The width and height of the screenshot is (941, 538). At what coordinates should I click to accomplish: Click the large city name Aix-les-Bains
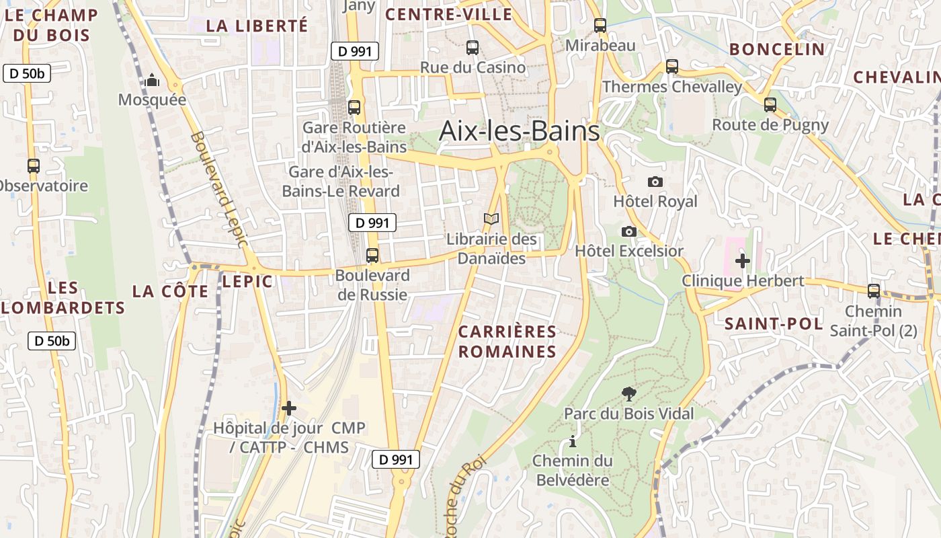519,131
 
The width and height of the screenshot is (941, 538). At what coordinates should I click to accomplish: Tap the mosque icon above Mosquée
153,81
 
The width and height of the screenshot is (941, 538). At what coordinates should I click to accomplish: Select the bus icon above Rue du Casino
473,48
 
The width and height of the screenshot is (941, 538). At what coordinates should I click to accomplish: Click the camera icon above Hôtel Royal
655,182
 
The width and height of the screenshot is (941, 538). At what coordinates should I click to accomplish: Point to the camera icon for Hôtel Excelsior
628,231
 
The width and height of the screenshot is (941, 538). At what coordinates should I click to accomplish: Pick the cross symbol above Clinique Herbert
743,260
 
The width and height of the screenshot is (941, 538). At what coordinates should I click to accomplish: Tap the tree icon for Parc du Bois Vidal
628,393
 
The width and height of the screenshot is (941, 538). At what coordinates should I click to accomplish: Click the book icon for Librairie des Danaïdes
491,219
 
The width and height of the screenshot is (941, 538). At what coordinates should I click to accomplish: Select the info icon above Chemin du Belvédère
573,442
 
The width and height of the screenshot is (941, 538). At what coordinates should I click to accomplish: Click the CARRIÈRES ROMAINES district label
507,342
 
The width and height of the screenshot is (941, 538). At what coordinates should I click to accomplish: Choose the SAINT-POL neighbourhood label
773,323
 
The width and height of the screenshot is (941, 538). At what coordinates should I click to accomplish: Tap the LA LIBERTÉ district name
257,26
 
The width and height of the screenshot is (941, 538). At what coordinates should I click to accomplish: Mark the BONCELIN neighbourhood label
777,49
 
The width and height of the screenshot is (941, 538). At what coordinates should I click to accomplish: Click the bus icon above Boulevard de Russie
372,256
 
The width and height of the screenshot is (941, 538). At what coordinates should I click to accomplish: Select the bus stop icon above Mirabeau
600,26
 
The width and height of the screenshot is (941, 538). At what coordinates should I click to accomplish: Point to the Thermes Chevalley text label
672,87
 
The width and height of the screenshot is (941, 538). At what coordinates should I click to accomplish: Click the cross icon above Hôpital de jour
289,408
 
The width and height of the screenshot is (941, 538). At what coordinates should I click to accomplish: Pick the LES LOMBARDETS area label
63,298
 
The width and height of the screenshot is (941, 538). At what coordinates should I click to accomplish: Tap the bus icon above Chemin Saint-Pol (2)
873,291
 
